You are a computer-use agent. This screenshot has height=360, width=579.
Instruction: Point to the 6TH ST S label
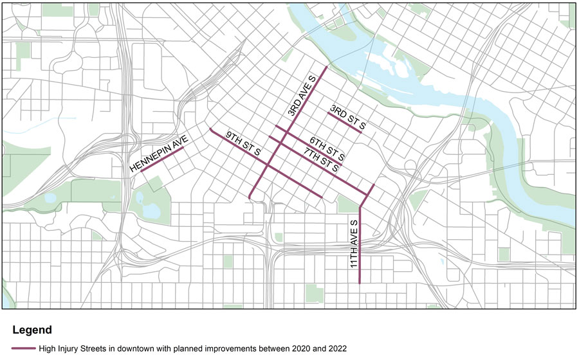[327, 148]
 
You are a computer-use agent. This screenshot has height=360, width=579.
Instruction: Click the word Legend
[32, 330]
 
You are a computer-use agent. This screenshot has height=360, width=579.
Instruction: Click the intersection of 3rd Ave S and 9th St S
[266, 166]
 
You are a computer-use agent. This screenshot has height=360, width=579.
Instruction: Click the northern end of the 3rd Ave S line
[327, 67]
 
